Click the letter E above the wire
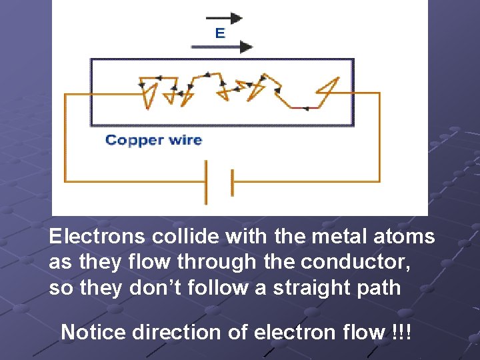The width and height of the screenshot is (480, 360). (x=220, y=33)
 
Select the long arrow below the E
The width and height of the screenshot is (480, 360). (x=222, y=47)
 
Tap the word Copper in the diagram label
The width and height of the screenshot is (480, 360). (x=134, y=140)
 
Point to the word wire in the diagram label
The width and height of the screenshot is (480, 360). (x=185, y=140)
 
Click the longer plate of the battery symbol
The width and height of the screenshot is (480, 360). (x=205, y=182)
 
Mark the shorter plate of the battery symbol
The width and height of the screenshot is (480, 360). (x=231, y=182)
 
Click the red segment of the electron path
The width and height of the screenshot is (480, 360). (x=304, y=107)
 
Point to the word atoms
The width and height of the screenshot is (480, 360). (x=406, y=237)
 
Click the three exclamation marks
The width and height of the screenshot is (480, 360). (x=402, y=331)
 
